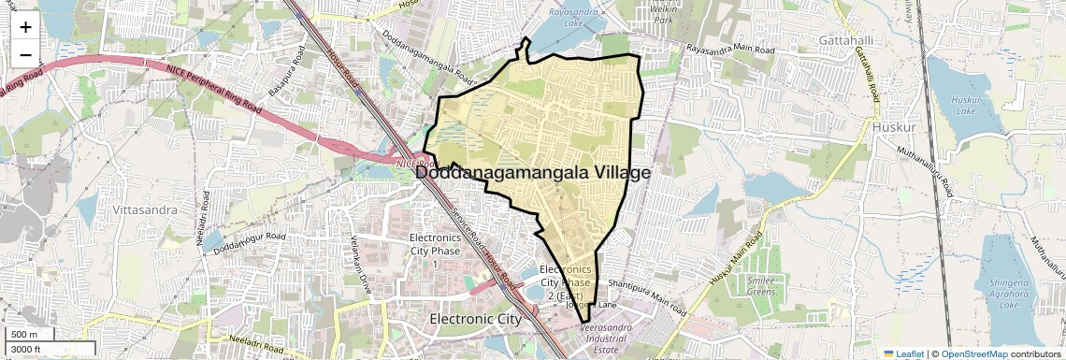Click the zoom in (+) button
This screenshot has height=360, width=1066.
tap(25, 27)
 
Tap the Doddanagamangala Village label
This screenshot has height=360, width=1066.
tap(531, 172)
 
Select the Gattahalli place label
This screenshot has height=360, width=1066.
tap(845, 41)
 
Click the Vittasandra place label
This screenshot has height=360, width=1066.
tap(145, 210)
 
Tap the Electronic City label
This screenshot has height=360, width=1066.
tap(488, 319)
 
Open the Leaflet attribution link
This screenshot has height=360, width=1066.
tap(903, 353)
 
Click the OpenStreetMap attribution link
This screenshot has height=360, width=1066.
tap(973, 353)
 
